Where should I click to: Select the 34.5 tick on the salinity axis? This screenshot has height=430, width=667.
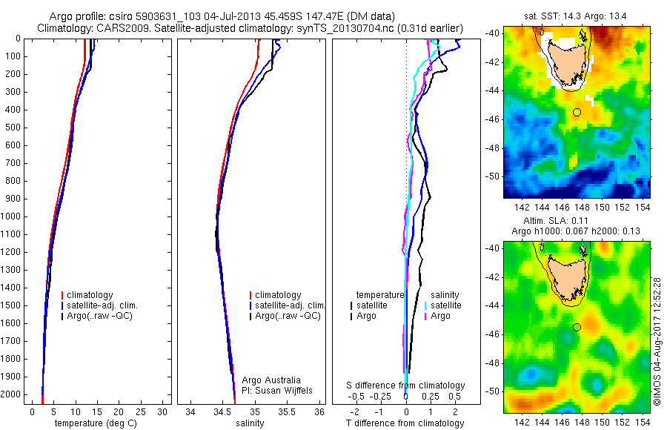point(222,411)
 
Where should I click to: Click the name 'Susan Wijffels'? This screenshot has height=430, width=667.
point(279,390)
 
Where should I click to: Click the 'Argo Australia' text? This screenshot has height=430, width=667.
point(272,380)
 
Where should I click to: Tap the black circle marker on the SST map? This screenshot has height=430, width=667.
point(577,112)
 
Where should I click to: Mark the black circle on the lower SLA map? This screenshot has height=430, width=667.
point(577,327)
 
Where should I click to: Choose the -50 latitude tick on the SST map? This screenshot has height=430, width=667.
point(492,176)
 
